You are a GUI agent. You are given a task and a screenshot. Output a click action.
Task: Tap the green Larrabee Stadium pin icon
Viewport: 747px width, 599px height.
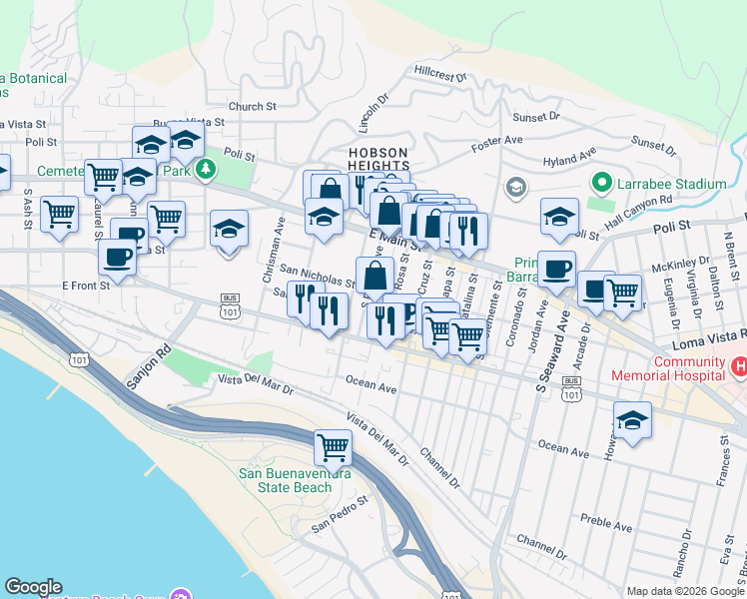[601, 184]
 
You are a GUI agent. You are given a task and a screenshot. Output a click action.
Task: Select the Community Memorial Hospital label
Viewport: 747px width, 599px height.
[689, 368]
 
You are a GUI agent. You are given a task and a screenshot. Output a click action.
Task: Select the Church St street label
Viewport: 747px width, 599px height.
[252, 107]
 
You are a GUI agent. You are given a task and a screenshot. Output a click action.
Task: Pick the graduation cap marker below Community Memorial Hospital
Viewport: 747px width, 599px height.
[632, 418]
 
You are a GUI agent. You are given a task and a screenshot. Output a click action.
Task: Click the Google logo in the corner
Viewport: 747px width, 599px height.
[33, 587]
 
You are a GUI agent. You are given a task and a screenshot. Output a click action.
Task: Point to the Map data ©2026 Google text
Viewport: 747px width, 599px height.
[685, 591]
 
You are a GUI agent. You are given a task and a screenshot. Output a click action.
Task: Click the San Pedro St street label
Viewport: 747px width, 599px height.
[340, 521]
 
